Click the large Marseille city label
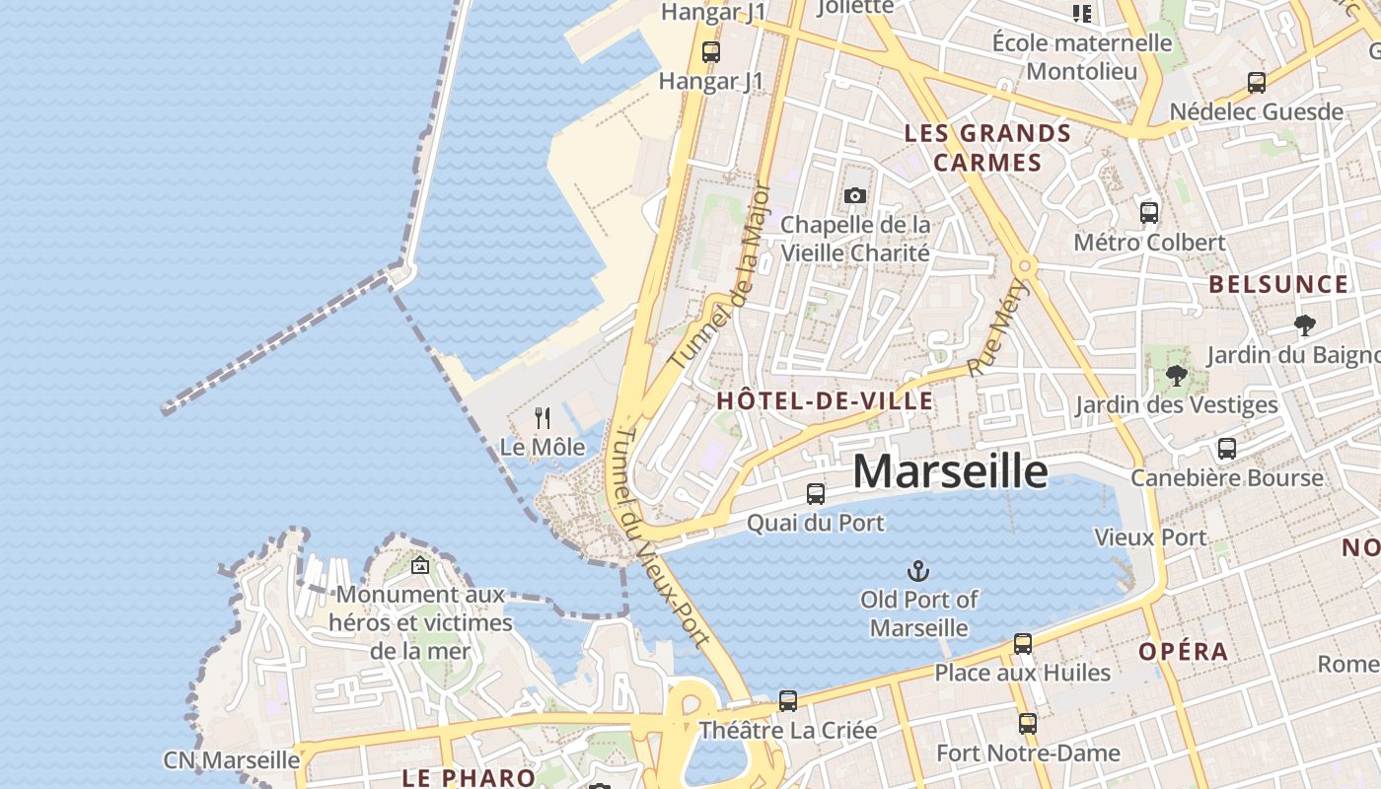click(x=950, y=471)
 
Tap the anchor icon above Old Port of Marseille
click(x=918, y=571)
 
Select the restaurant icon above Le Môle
click(x=542, y=418)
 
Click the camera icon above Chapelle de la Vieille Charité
click(x=855, y=195)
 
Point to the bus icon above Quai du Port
click(x=816, y=494)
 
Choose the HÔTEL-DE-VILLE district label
click(x=825, y=400)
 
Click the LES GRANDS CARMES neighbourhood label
click(x=987, y=148)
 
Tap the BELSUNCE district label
click(x=1278, y=285)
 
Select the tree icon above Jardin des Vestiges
click(x=1176, y=376)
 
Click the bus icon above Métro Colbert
click(x=1149, y=212)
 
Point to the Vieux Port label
click(x=1150, y=538)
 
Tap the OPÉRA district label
click(x=1184, y=652)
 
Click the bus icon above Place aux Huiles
click(x=1023, y=644)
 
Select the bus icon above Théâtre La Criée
click(x=787, y=701)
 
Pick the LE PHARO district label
click(x=469, y=777)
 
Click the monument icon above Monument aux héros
click(x=420, y=566)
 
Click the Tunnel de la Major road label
click(x=719, y=275)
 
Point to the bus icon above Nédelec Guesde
click(x=1257, y=83)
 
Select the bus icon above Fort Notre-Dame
click(x=1028, y=724)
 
